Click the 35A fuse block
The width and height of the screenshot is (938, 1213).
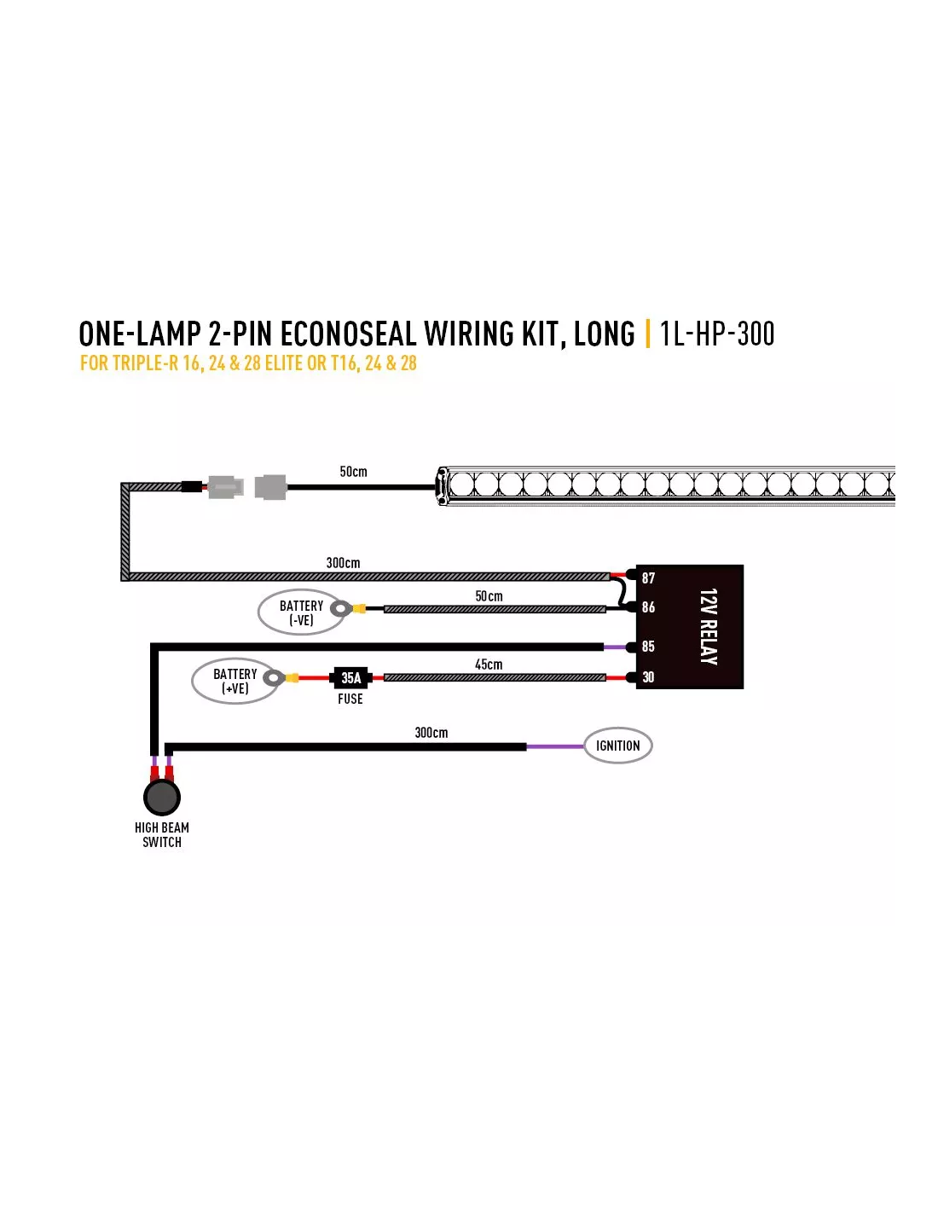[350, 677]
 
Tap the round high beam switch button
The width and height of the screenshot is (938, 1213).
[162, 797]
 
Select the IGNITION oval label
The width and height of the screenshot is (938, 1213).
[617, 746]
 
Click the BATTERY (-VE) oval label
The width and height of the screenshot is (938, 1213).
[300, 612]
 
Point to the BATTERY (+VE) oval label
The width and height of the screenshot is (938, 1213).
[234, 681]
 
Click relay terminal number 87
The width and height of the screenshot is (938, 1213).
[648, 577]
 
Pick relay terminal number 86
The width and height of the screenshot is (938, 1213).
[648, 607]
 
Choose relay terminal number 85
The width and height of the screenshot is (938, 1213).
[648, 647]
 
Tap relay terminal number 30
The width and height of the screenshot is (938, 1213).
[648, 677]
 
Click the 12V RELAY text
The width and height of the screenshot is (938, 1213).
[709, 626]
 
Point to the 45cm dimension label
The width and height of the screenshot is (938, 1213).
[489, 665]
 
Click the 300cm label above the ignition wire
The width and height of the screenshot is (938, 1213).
[431, 733]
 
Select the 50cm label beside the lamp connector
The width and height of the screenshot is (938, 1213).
[353, 472]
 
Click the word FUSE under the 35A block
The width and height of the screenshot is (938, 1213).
[350, 699]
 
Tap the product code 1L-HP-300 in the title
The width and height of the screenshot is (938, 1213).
[717, 334]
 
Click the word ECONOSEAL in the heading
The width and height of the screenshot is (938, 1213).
[348, 334]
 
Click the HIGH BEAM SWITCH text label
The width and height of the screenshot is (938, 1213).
[162, 835]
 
